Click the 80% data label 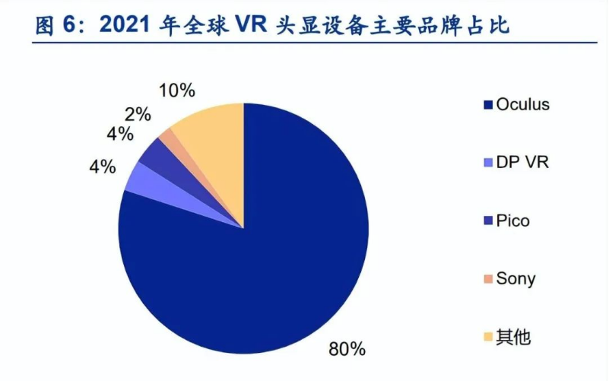347,349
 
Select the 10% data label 177,90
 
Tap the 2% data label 138,115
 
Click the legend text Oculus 522,105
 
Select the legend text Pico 512,221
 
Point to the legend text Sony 515,278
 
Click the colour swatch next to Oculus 487,105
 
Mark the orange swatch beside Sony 487,278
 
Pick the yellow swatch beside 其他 487,336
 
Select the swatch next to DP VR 487,163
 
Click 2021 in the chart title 126,27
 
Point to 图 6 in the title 57,27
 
